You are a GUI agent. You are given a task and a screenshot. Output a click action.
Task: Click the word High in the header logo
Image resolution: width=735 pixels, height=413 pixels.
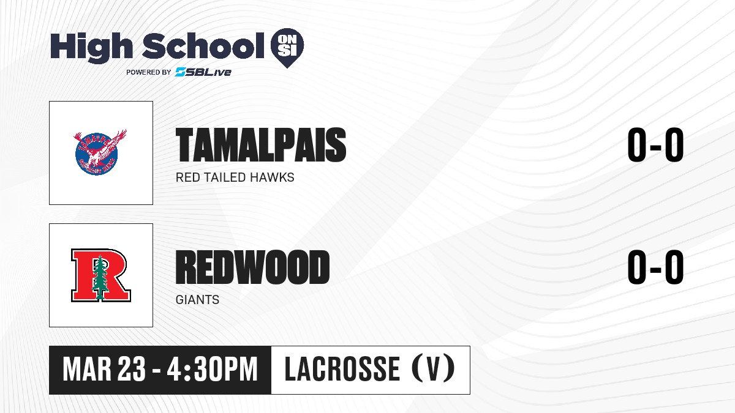(x=91, y=48)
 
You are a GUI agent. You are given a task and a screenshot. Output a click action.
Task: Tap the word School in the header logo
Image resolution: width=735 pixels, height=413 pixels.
(x=203, y=46)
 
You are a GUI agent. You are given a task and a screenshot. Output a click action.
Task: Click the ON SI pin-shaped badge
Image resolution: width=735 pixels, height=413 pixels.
(x=287, y=48)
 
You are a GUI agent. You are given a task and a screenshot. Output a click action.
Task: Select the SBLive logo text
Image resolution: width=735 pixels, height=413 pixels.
(x=203, y=72)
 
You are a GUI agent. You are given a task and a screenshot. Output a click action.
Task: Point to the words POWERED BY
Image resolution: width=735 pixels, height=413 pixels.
(x=149, y=72)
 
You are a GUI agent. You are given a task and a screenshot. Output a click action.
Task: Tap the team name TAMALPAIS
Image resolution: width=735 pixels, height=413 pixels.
(x=261, y=145)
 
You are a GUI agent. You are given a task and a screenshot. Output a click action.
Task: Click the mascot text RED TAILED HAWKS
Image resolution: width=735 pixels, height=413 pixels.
(x=235, y=177)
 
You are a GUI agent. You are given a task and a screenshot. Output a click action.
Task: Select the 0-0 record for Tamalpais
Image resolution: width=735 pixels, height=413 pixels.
(x=655, y=145)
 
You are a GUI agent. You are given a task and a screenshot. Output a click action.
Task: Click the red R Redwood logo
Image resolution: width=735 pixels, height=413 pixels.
(x=101, y=275)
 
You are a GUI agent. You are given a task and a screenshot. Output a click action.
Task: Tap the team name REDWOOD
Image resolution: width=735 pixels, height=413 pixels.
(x=252, y=267)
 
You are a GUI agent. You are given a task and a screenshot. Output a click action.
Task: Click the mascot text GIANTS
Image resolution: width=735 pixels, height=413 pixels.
(x=197, y=300)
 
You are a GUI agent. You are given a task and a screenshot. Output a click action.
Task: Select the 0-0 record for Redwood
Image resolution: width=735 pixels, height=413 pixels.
(x=655, y=267)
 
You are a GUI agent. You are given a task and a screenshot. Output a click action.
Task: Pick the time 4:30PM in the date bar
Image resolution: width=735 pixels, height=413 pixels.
(x=212, y=370)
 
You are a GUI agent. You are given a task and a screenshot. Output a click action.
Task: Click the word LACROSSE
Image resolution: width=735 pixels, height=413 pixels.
(x=342, y=370)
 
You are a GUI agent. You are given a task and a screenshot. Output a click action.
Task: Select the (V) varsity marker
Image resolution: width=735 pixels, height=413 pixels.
(x=433, y=370)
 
